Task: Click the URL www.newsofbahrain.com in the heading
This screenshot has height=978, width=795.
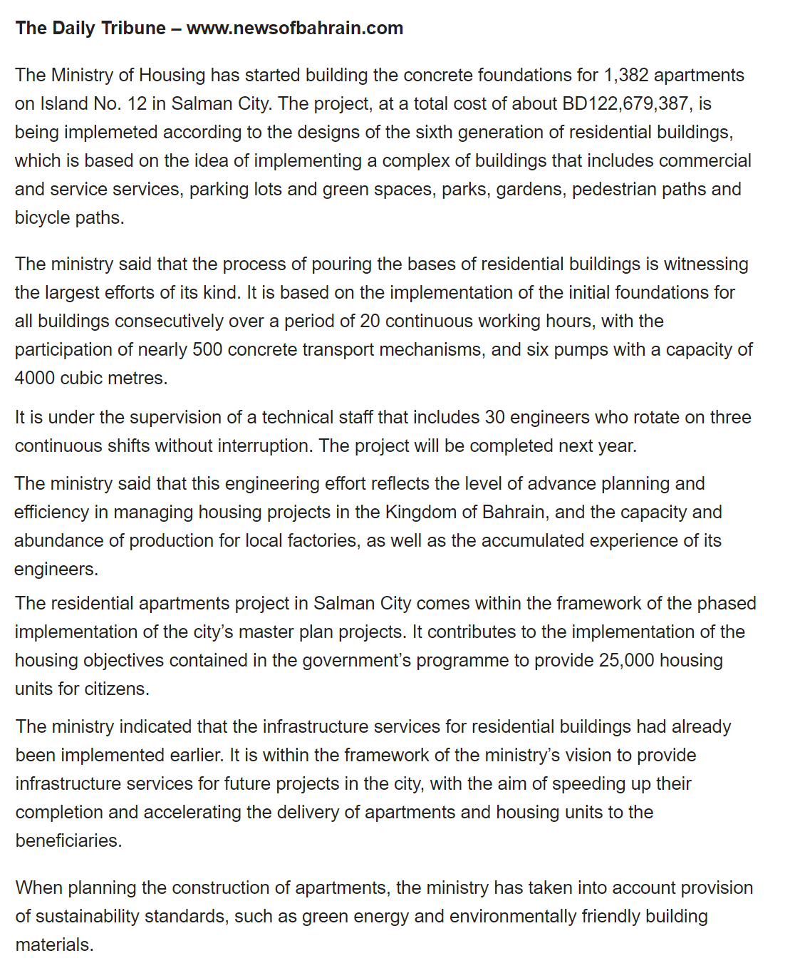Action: (x=295, y=28)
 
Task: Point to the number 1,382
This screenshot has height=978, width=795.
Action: (x=626, y=75)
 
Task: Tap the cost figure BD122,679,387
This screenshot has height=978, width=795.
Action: (x=626, y=103)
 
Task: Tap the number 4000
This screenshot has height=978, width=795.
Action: (x=35, y=378)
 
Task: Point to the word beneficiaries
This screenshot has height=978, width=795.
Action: (x=68, y=840)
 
